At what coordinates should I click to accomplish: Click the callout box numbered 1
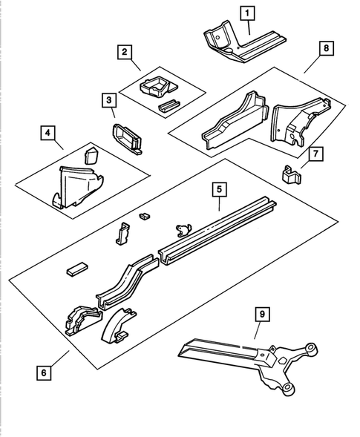pos(246,12)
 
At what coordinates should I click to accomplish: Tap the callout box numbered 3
pos(109,99)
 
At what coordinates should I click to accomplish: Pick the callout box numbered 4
pos(47,134)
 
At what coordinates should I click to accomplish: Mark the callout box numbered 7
pos(315,154)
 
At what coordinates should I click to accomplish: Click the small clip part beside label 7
pos(292,175)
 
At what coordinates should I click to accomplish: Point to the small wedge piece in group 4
pos(92,155)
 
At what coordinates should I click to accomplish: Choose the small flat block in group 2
pos(170,105)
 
